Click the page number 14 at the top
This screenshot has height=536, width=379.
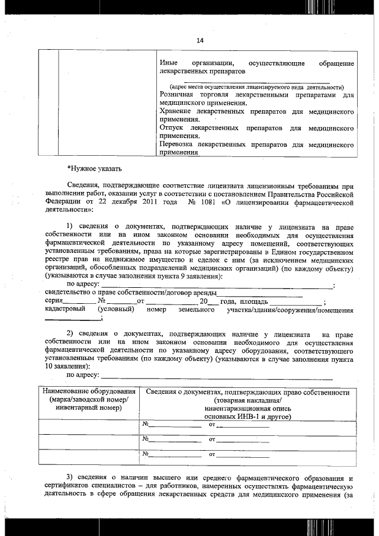coord(200,40)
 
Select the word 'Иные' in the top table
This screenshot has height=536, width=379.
coord(169,63)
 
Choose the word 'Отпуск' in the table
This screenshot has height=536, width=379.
coord(174,128)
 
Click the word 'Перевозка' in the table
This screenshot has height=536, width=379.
coord(179,144)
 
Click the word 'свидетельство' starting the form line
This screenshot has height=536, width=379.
coord(68,293)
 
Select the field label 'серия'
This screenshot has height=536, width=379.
coord(54,301)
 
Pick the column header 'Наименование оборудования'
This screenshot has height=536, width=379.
coord(88,392)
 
